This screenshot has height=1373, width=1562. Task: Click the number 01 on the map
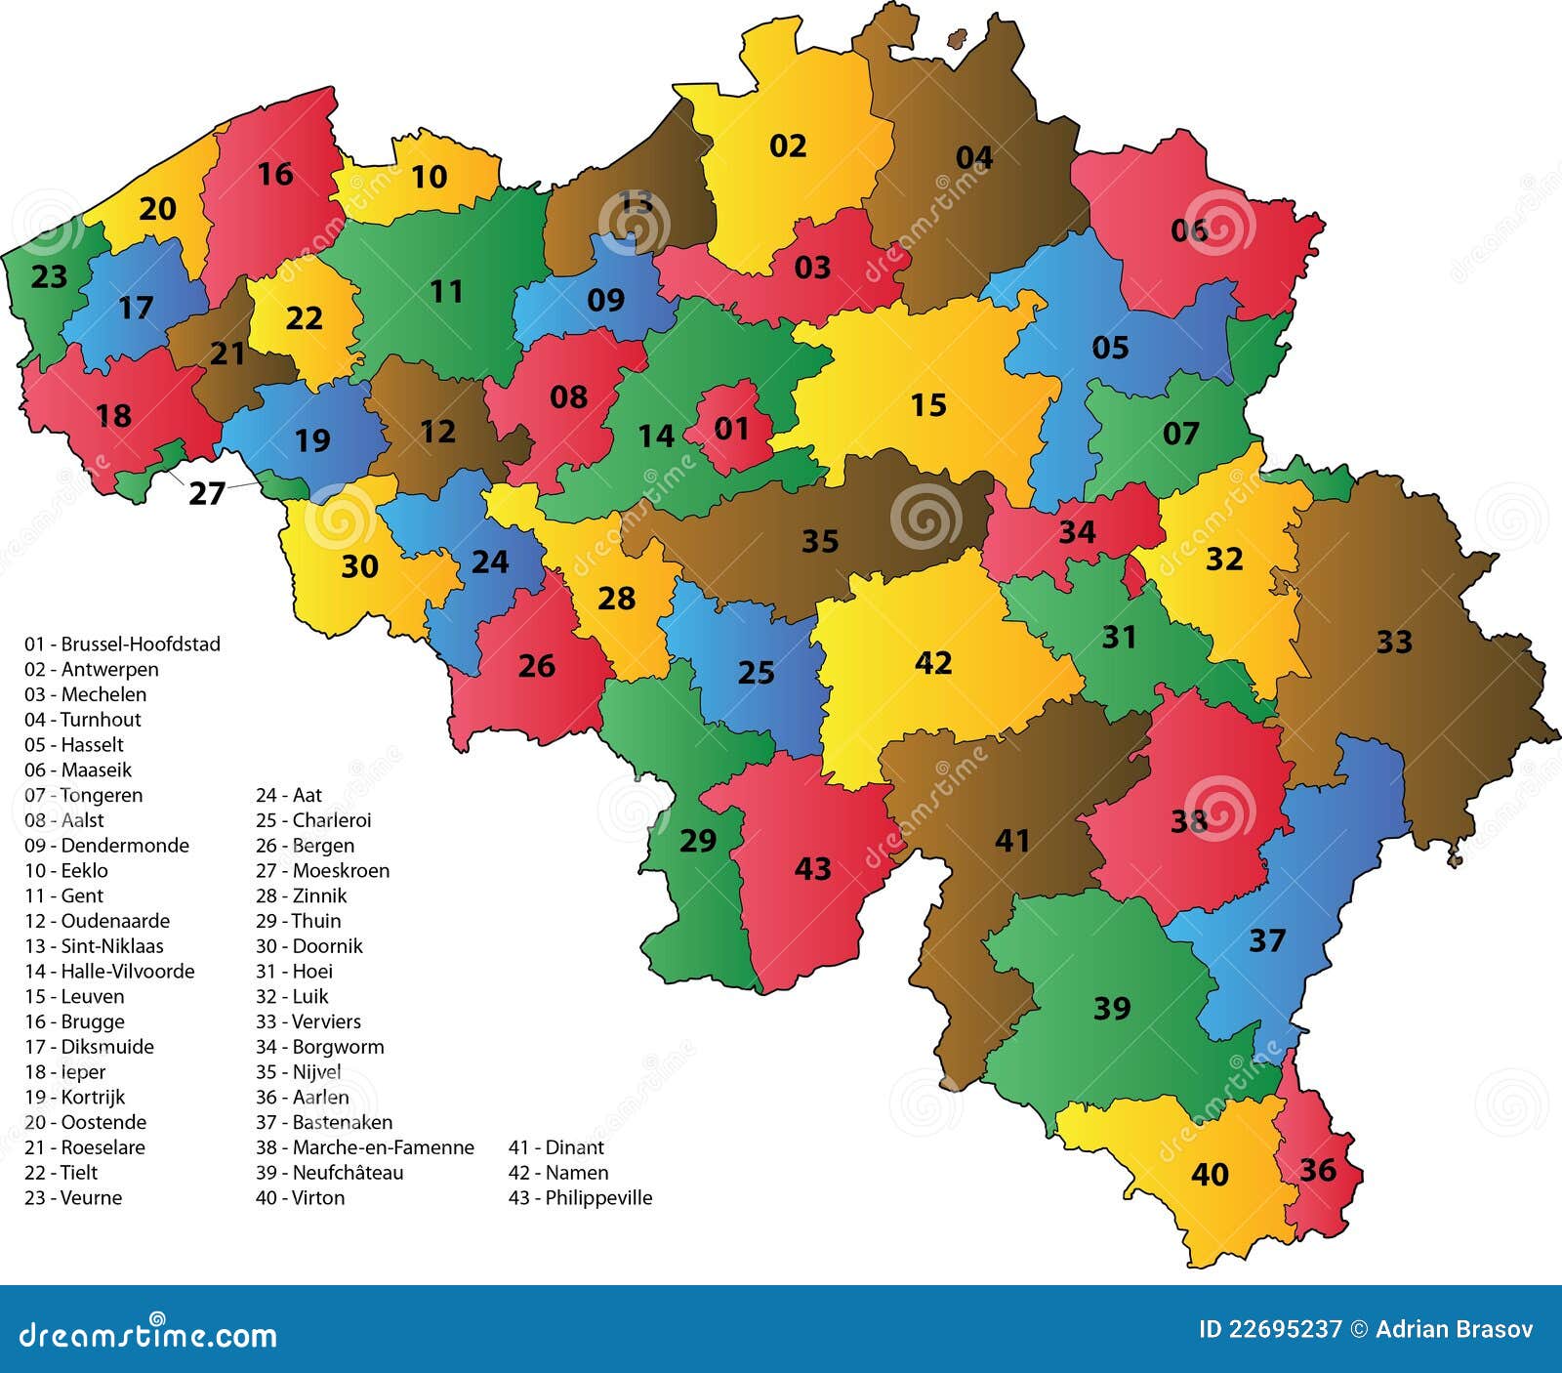coord(731,428)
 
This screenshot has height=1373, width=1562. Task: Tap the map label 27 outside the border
coord(207,494)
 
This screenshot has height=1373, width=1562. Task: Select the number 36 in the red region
coord(1317,1170)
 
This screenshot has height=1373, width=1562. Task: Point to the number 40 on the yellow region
coord(1210,1174)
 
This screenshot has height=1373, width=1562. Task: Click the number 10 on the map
coord(429,177)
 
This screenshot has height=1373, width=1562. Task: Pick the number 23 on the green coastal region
coord(49,277)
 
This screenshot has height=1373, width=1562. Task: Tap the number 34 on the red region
coord(1077,532)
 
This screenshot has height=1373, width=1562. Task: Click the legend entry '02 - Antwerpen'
coord(91,669)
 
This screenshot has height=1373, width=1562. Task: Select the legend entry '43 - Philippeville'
coord(580,1197)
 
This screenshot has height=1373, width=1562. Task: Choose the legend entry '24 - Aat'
coord(289,795)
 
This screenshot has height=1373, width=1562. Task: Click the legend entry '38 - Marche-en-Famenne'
coord(365,1147)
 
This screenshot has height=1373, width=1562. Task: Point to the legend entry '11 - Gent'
coord(63,895)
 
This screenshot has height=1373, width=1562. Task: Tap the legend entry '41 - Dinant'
coord(555,1147)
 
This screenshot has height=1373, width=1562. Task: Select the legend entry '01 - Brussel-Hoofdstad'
coord(122,644)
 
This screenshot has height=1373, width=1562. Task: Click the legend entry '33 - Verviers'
coord(308,1021)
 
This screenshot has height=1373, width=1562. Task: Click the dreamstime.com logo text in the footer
coord(148,1334)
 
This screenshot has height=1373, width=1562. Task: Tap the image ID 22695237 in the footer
coord(1269,1329)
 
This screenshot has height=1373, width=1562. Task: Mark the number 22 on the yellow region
coord(304,318)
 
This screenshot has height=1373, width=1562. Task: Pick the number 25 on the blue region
coord(756,673)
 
